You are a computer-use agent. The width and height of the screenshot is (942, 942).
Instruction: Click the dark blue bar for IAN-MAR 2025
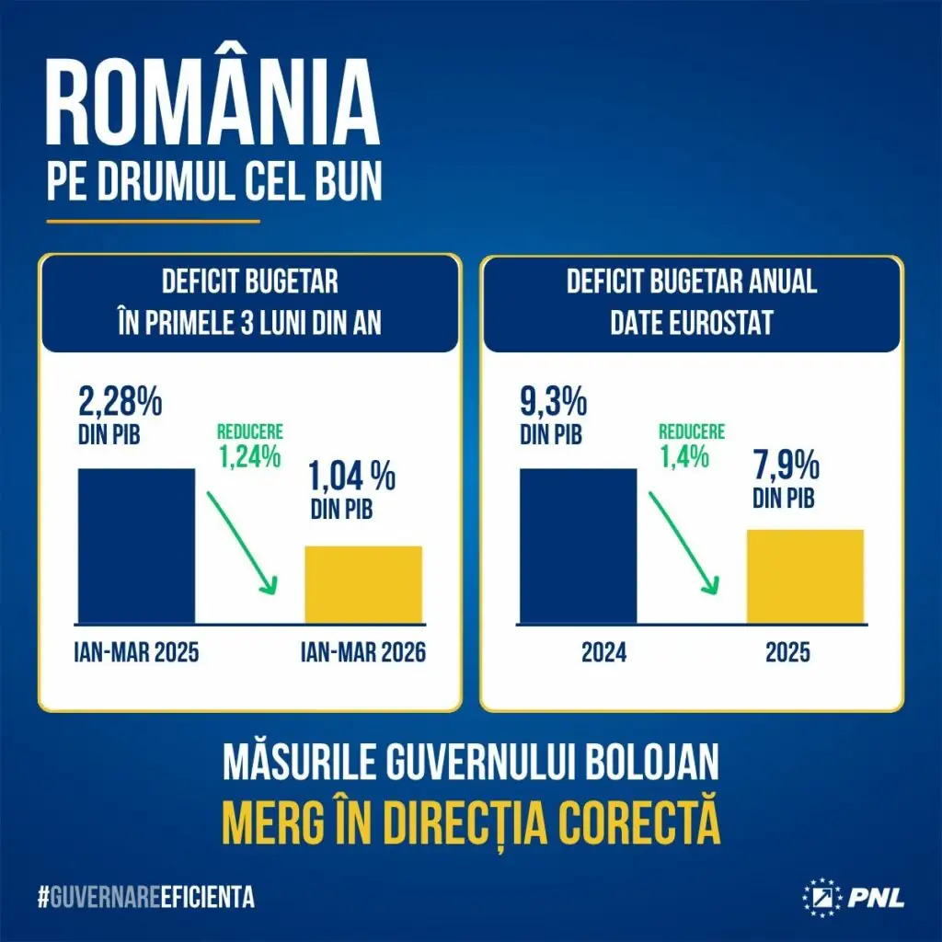coord(136,546)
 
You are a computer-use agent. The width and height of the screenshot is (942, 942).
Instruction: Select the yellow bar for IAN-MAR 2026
coord(363,584)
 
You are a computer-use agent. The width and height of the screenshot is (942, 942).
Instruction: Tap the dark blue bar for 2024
coord(578,546)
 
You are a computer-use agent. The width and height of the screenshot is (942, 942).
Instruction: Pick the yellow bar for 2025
coord(805,577)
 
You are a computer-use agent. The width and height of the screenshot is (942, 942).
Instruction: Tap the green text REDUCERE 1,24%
coord(249,444)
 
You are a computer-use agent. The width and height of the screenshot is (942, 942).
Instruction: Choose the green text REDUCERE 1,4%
coord(690,444)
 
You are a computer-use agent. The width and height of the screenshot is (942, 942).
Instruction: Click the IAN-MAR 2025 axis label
coord(136,653)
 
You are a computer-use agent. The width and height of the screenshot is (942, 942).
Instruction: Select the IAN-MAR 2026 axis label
coord(363,653)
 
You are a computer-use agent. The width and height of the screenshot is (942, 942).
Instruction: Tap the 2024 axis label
coord(603,653)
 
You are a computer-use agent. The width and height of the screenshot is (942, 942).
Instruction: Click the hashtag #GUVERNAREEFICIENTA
coord(146,897)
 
